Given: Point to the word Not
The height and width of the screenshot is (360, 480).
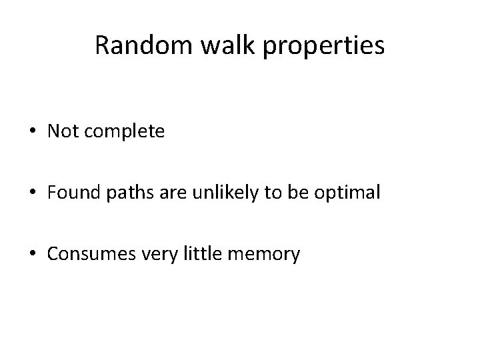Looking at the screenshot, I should (x=61, y=132).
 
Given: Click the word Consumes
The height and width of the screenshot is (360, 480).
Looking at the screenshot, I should (x=86, y=253).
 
